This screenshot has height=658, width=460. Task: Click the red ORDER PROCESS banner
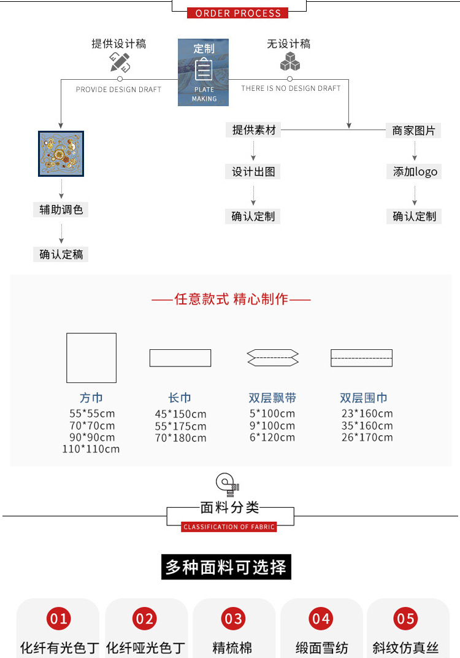pos(238,13)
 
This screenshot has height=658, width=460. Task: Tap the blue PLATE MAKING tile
pos(204,72)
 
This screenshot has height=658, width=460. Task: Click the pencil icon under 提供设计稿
pos(120,62)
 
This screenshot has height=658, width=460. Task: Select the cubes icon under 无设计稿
pos(289,61)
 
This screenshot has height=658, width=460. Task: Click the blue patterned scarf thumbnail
pos(61,153)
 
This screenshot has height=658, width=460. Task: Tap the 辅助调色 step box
pos(61,209)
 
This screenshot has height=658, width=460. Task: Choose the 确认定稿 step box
pos(61,254)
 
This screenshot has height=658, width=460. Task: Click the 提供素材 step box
pos(253,130)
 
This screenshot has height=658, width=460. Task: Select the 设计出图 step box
pos(253,172)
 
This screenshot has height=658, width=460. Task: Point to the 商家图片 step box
pos(413,131)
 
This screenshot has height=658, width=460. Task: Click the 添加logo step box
pos(414,172)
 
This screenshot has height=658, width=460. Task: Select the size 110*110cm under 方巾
pos(91,449)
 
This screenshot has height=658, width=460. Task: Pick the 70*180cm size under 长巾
pos(180,438)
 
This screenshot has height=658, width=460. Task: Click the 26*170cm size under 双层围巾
pos(367,438)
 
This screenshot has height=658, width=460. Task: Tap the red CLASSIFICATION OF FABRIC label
pos(229,527)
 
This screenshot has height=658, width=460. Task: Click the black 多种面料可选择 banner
pos(226,567)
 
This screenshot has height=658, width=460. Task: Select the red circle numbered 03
pos(233,619)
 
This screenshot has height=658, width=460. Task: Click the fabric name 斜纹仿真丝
pos(405,648)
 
